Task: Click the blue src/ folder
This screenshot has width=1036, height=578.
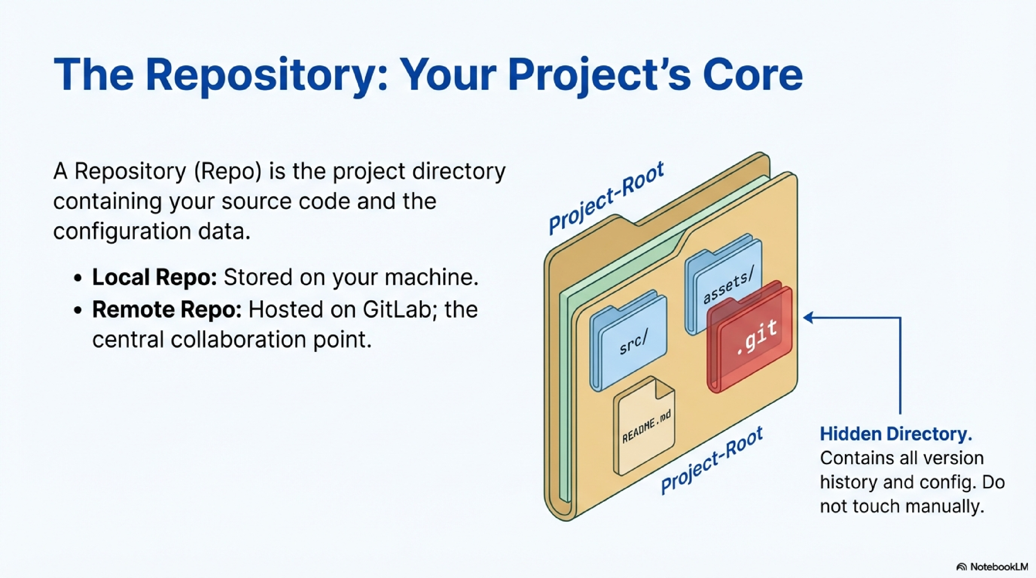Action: (628, 342)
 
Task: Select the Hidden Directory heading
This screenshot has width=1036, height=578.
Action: (896, 434)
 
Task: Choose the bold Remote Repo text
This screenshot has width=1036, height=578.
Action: (166, 309)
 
